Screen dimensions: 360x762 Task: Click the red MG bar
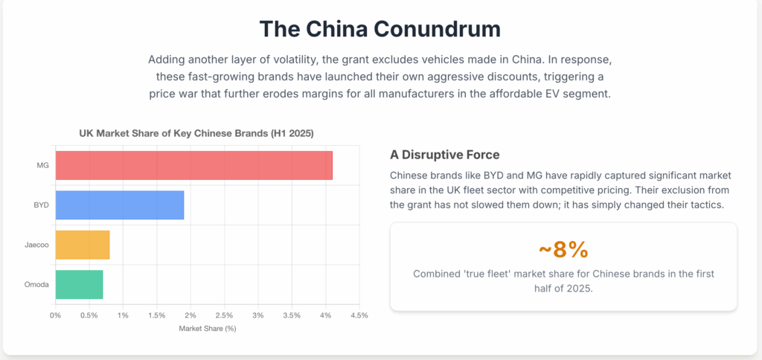[x=193, y=164]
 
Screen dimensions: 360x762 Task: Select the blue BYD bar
[x=119, y=205]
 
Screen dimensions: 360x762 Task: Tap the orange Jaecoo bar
[x=83, y=245]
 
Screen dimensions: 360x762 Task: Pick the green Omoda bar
[x=79, y=285]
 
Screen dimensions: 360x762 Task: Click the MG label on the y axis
[x=42, y=164]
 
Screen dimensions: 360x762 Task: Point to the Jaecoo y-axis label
[x=36, y=245]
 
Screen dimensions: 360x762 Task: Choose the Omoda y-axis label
[x=37, y=285]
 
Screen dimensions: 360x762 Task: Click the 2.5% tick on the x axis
[x=224, y=315]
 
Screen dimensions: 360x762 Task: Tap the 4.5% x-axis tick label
[x=359, y=315]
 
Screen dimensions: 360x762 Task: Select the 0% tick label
[x=55, y=315]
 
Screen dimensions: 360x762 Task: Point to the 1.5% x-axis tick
[x=156, y=315]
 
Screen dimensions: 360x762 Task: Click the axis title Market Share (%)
[x=208, y=329]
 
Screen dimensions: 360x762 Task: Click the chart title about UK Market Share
[x=196, y=133]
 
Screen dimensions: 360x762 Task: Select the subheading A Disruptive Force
[x=444, y=155]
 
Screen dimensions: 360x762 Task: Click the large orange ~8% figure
[x=563, y=248]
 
